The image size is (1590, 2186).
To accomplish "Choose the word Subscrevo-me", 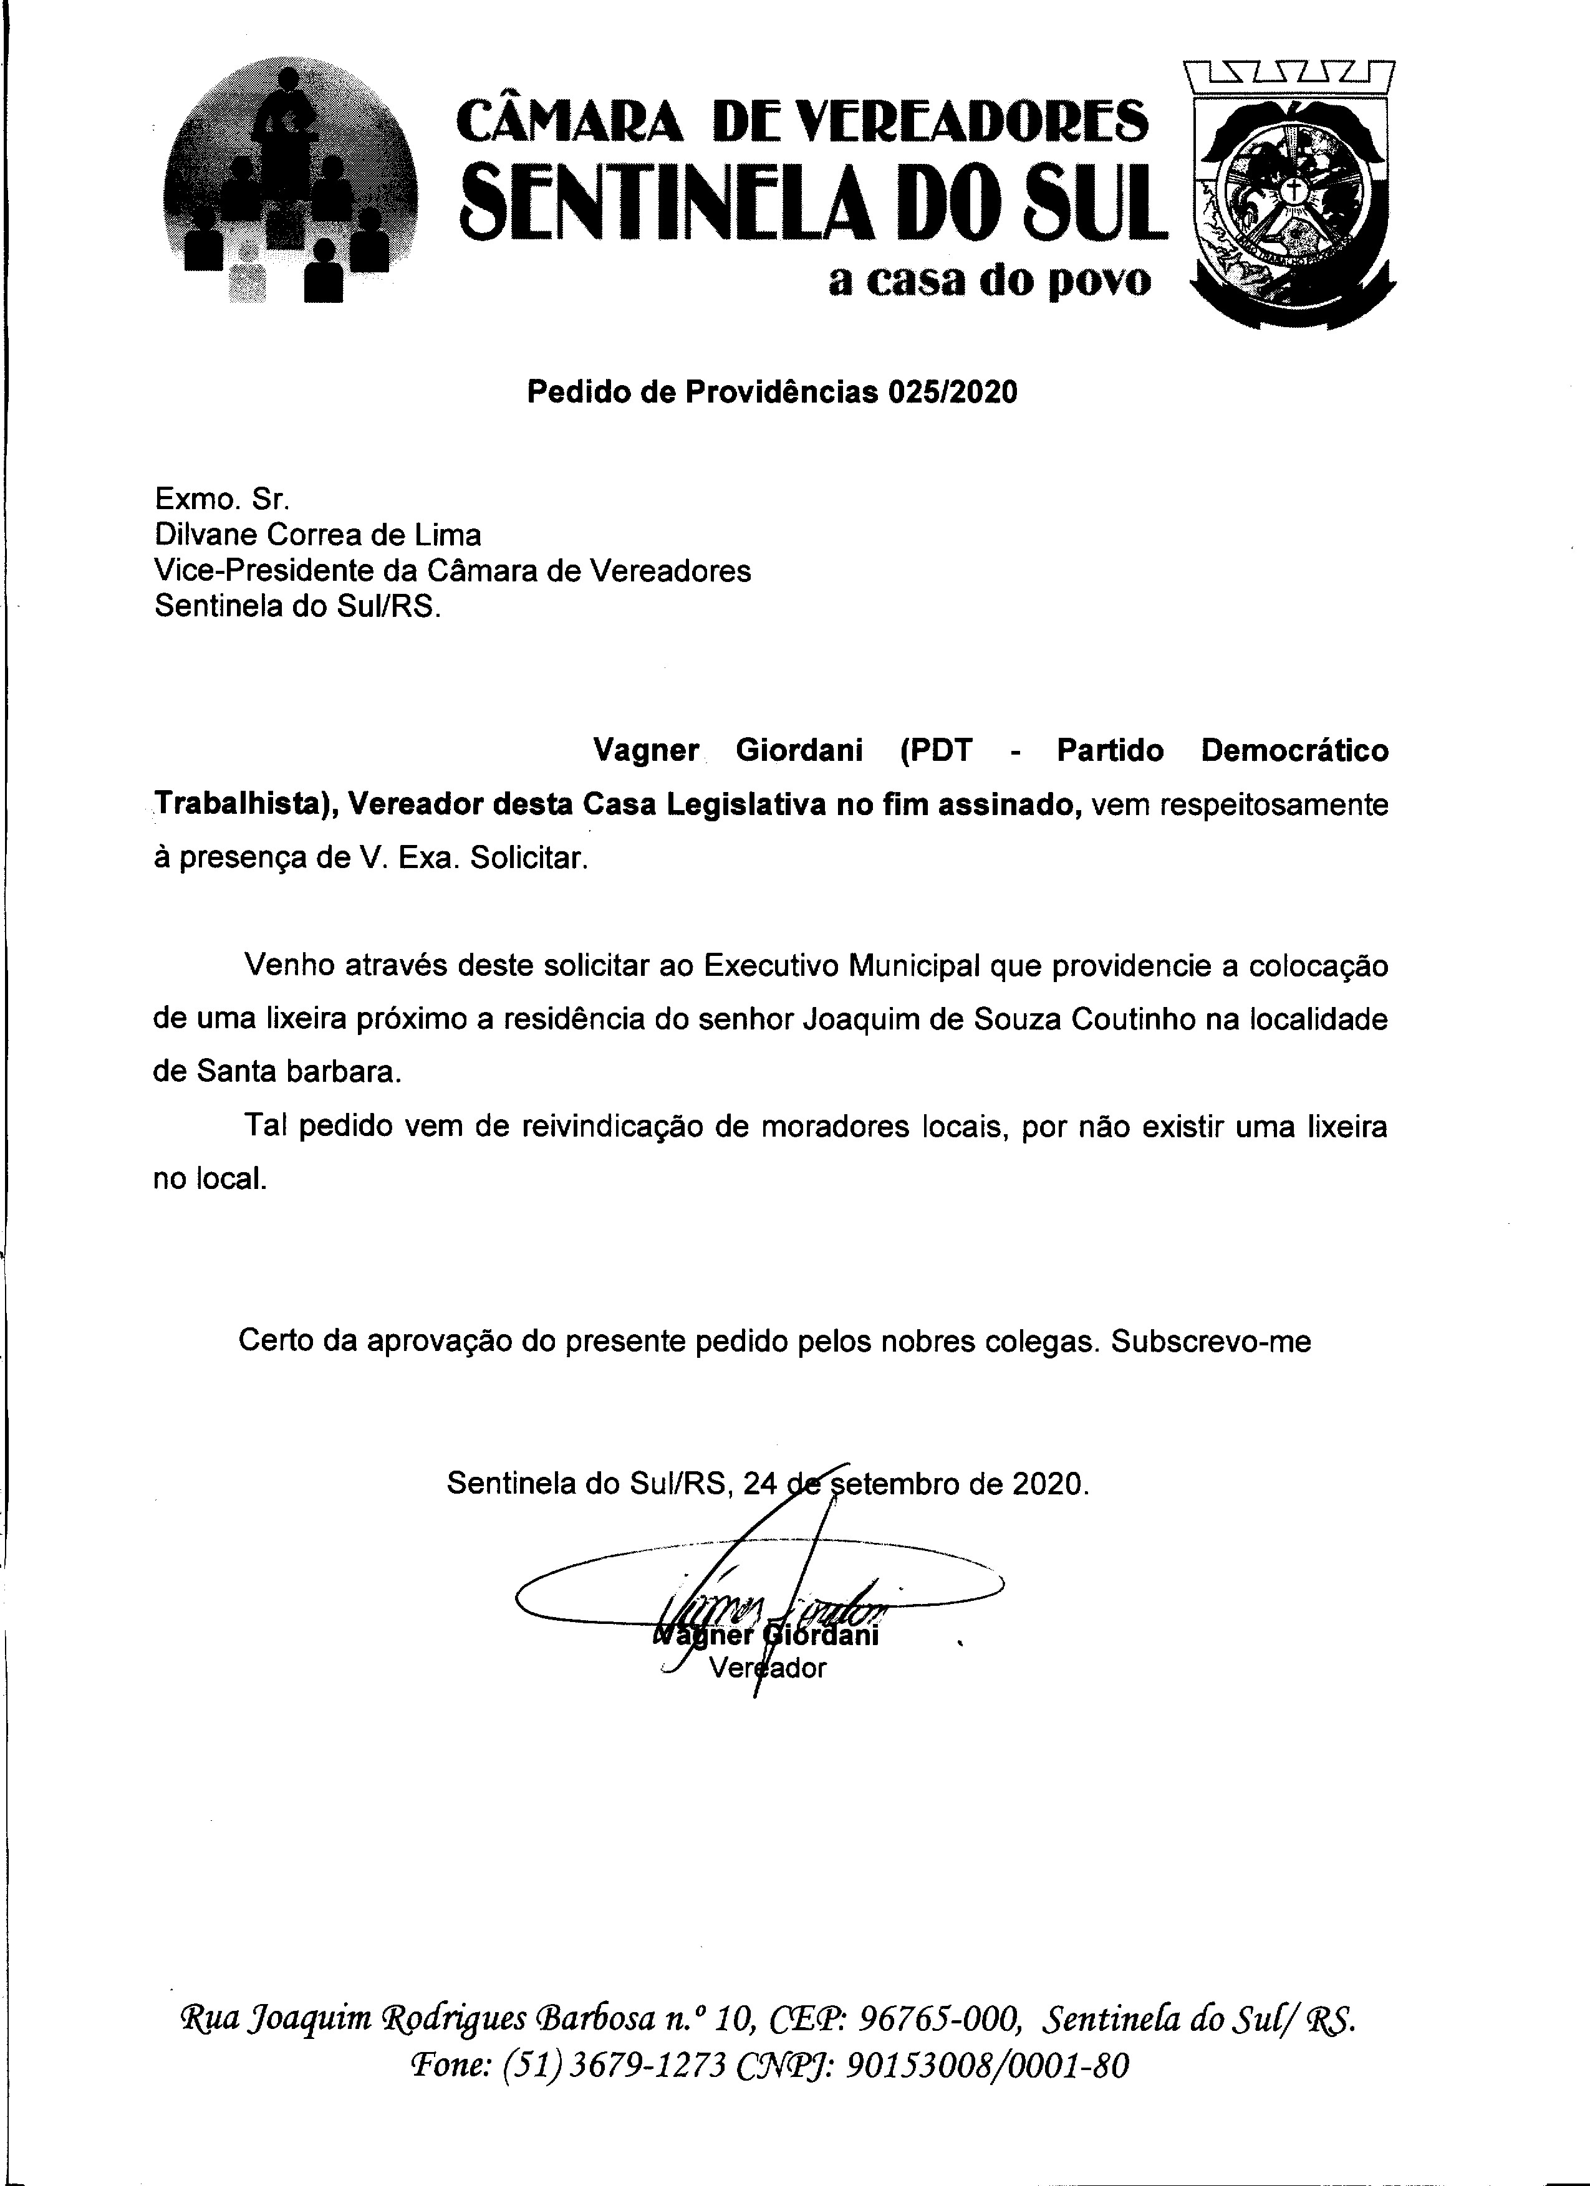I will (x=1210, y=1341).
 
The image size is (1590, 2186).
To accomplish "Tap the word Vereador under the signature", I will (x=768, y=1668).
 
